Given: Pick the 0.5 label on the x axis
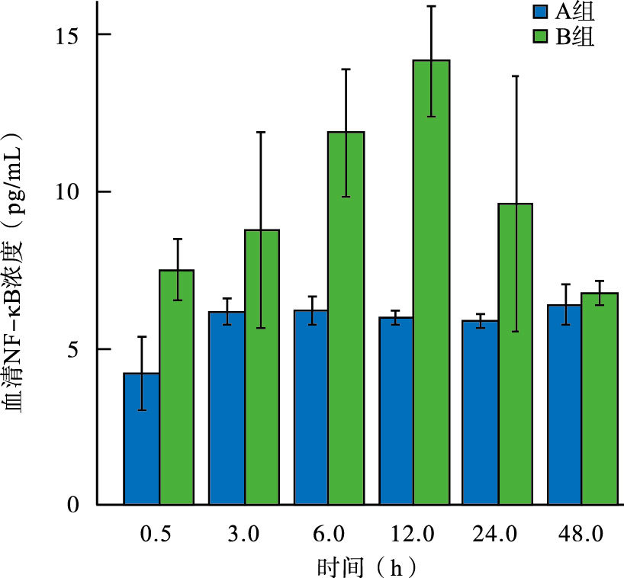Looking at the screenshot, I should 155,534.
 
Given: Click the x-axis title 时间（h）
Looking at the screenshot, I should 367,566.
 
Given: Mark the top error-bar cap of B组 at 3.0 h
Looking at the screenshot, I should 262,132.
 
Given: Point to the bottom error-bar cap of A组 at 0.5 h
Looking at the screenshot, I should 141,410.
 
